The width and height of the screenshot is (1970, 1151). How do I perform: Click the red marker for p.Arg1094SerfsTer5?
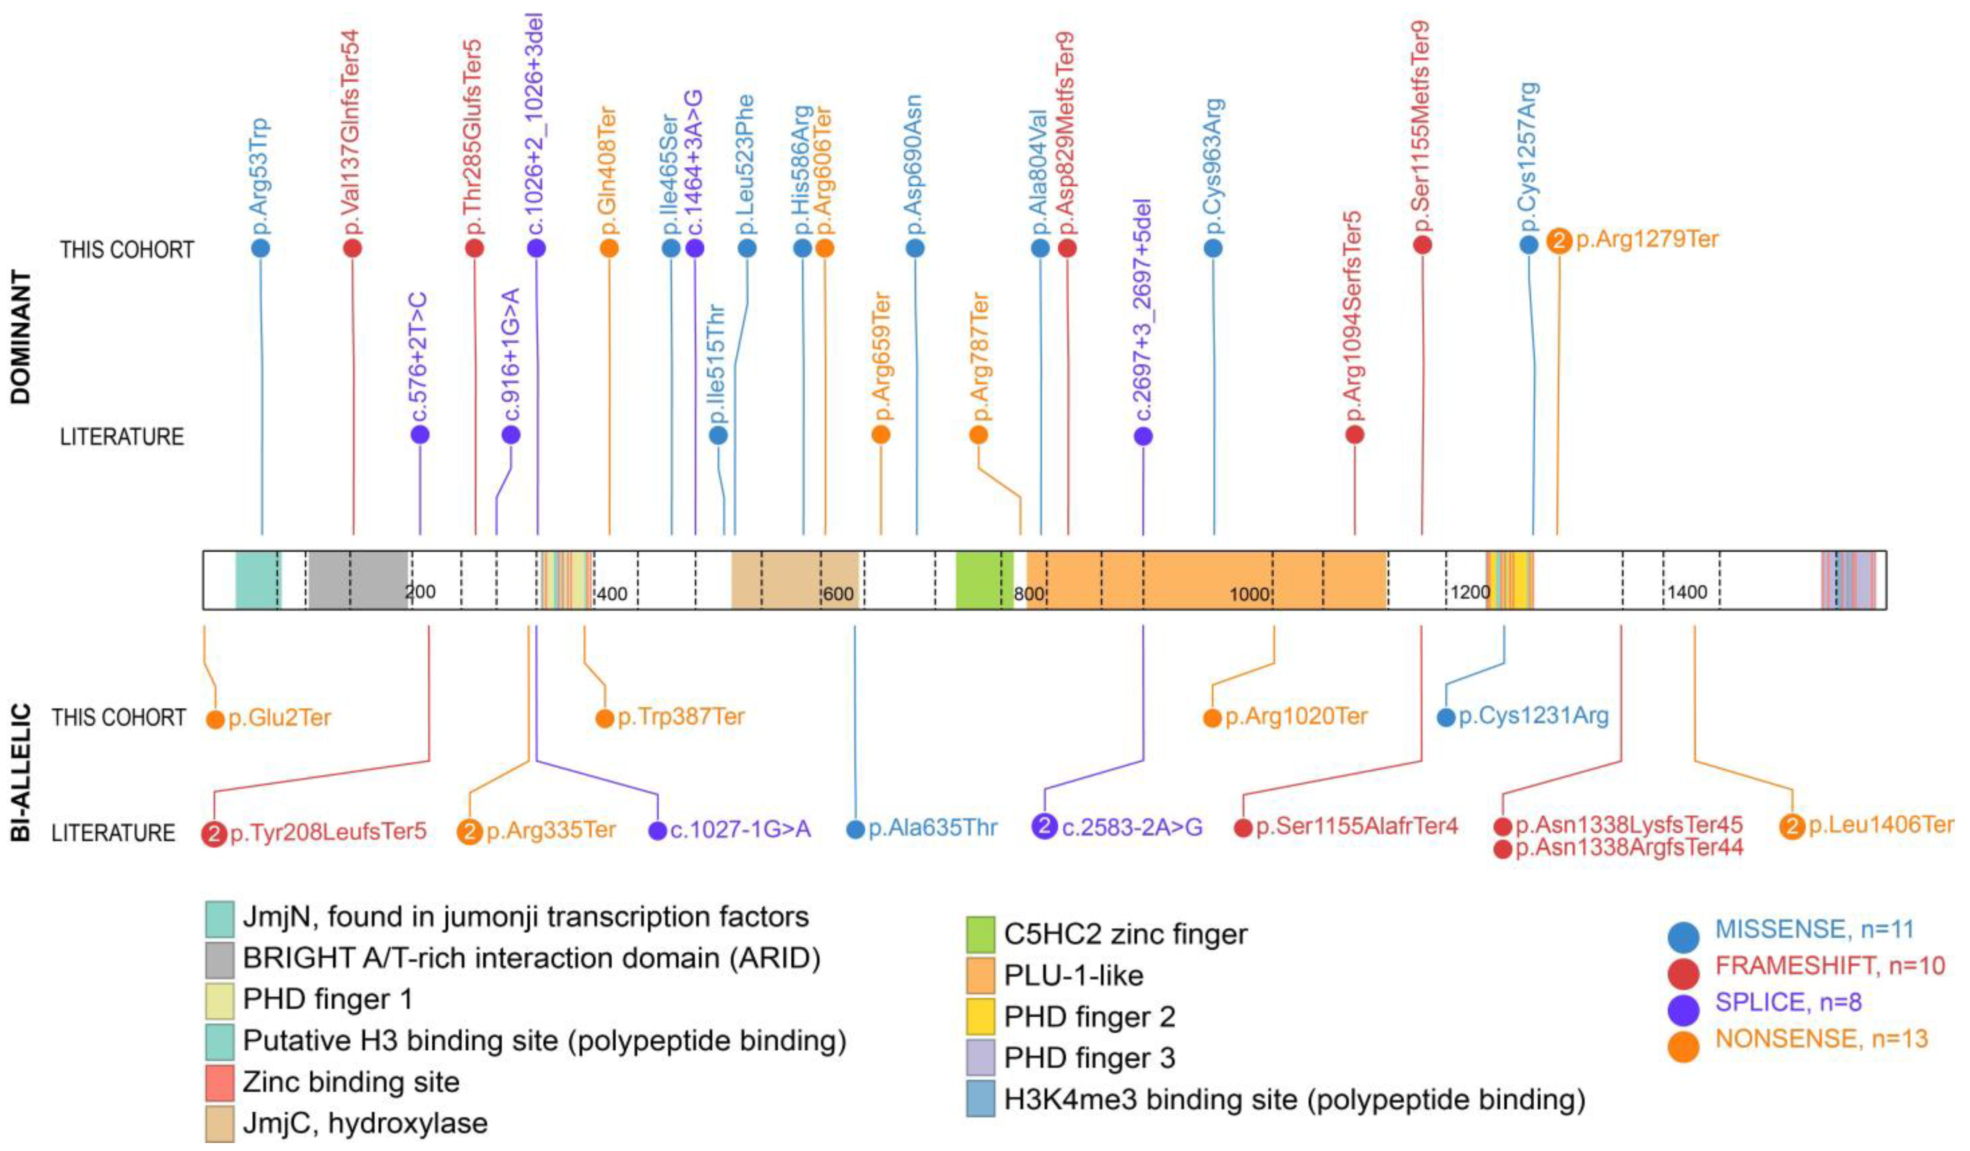1355,434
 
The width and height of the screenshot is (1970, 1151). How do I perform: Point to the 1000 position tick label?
1248,594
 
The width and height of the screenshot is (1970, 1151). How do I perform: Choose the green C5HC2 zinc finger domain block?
983,580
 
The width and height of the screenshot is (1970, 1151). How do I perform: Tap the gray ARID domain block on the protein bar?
357,580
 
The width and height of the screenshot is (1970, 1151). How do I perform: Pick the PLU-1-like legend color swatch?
980,975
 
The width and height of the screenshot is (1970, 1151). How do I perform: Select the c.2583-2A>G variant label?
1131,827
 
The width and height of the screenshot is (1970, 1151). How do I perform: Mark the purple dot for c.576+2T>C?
420,434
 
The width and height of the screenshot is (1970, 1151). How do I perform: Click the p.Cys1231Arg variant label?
1533,716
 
